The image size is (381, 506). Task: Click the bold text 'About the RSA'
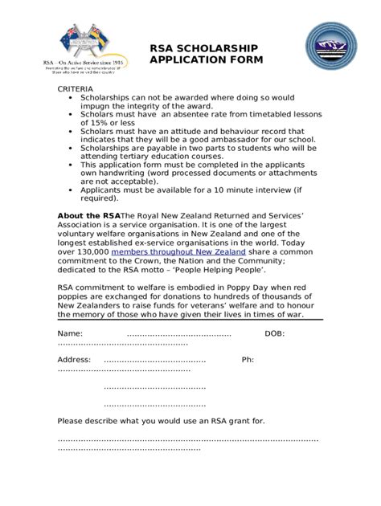[x=88, y=216]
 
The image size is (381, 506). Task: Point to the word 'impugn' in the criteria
[x=96, y=105]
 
